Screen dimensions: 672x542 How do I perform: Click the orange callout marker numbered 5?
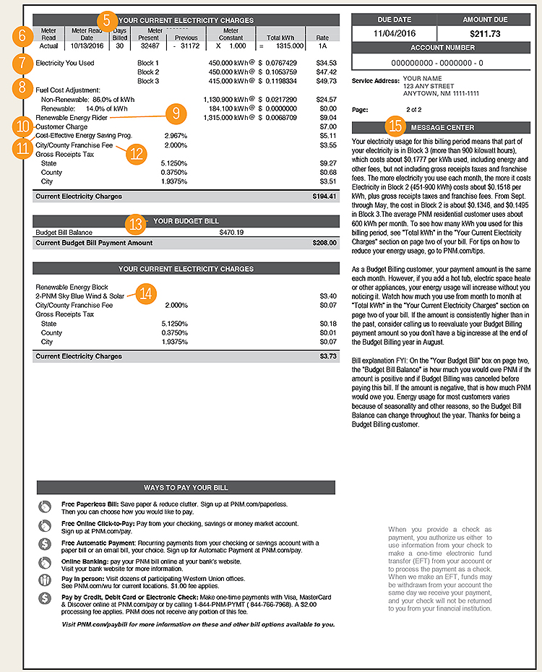coord(106,20)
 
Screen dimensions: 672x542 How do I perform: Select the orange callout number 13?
coord(134,223)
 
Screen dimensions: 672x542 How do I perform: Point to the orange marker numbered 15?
coord(395,126)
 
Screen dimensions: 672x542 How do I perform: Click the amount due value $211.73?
coord(485,33)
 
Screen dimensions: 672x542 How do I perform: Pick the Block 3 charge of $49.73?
coord(327,81)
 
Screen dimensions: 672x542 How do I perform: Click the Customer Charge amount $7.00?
coord(329,126)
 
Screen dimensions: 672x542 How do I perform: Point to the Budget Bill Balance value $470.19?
coord(231,233)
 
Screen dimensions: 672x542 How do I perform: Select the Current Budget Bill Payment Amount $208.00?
coord(325,244)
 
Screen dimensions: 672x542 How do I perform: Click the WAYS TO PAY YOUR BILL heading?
coord(186,488)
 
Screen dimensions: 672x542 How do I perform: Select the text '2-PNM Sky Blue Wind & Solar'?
coord(80,296)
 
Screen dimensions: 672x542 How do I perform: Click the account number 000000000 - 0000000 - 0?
coord(441,63)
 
